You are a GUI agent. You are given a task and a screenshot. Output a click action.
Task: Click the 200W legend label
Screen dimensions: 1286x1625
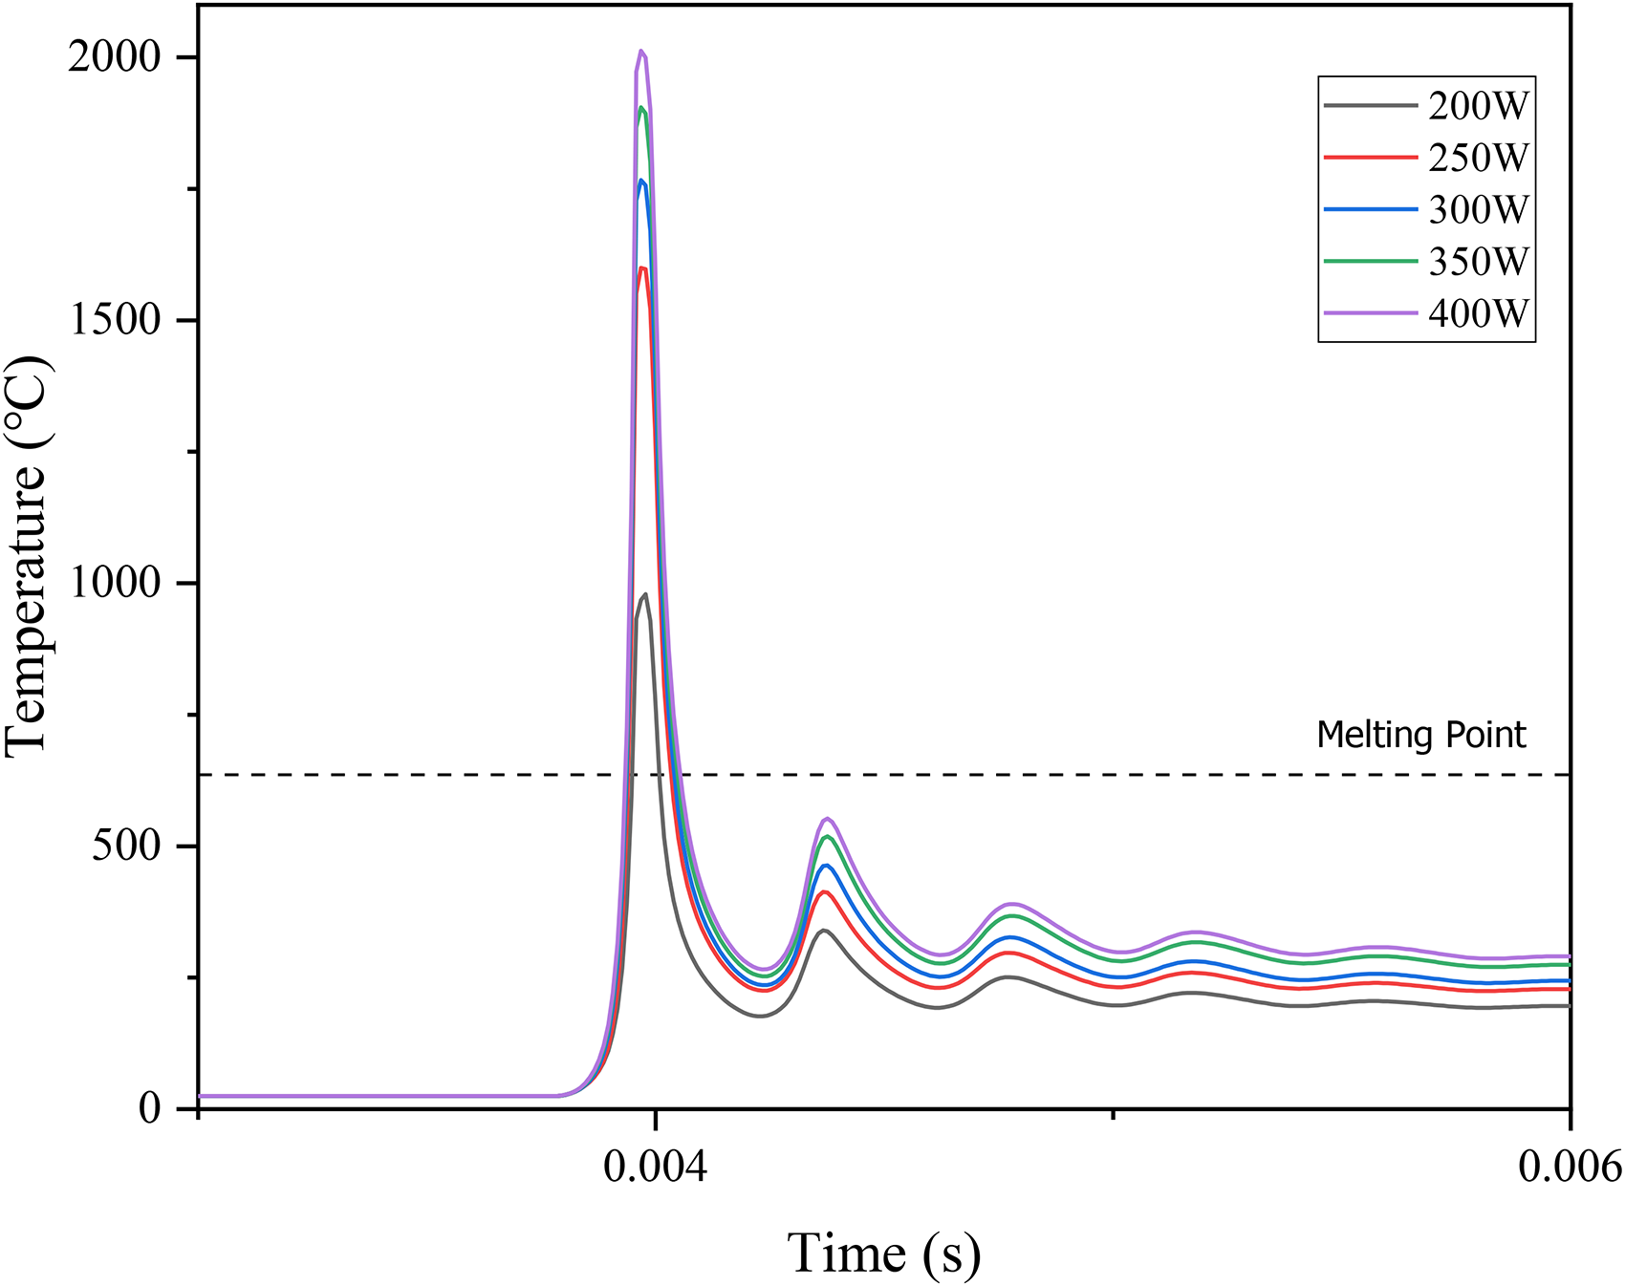[x=1478, y=106]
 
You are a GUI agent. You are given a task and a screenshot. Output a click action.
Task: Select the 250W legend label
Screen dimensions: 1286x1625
[x=1478, y=158]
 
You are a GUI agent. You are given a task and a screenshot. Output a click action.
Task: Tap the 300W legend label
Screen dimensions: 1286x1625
[x=1478, y=209]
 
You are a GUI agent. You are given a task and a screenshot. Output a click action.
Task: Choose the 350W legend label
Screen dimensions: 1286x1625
[x=1478, y=261]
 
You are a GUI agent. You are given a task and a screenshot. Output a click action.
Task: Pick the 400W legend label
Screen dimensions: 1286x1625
[x=1478, y=312]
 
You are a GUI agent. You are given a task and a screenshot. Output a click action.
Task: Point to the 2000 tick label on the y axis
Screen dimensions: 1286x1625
[x=114, y=57]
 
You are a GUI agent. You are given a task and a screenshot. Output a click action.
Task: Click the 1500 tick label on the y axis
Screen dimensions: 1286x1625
[x=114, y=320]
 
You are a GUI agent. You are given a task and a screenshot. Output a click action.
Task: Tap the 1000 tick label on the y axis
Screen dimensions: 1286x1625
[x=114, y=583]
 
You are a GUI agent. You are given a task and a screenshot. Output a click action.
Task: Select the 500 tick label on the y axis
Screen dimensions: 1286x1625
[x=126, y=846]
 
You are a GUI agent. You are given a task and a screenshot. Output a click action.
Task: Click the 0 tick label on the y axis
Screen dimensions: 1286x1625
[x=150, y=1108]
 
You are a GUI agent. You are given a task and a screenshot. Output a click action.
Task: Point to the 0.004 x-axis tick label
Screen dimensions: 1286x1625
[x=655, y=1167]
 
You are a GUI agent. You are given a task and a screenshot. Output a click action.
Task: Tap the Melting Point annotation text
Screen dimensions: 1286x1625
[x=1420, y=735]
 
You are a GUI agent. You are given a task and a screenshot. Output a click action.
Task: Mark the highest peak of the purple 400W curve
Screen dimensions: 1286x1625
[x=641, y=51]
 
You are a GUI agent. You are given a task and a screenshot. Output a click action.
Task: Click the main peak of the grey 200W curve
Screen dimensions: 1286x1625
[x=645, y=594]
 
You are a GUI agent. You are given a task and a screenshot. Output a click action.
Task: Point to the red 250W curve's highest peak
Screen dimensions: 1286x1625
[x=643, y=268]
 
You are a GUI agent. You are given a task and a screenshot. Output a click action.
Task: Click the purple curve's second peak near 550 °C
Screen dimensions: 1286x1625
[x=828, y=818]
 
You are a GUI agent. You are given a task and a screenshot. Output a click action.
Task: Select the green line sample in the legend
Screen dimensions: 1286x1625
[x=1370, y=261]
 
